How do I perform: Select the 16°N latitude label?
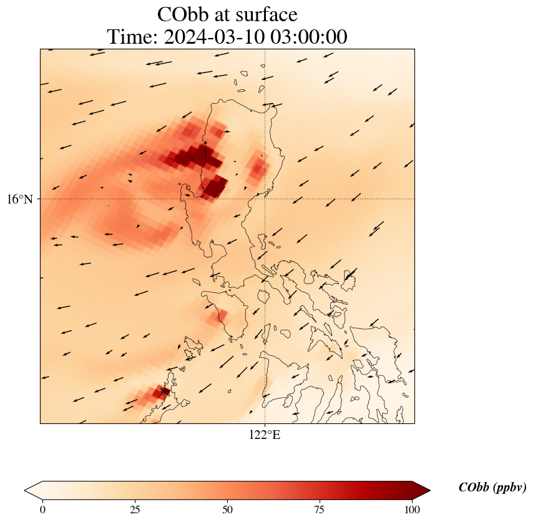[22, 199]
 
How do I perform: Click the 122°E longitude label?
[265, 435]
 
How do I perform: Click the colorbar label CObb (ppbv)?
[492, 488]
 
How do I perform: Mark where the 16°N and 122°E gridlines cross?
[265, 199]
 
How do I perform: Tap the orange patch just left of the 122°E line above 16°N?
[257, 167]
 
